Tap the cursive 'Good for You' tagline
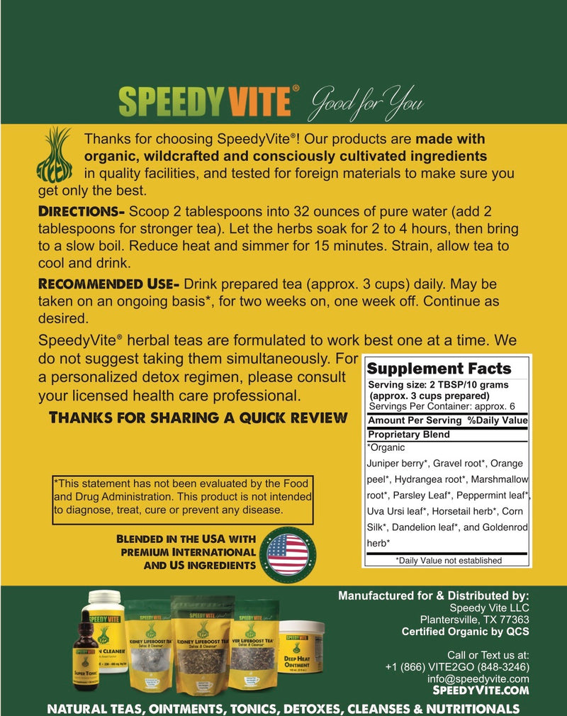coord(367,104)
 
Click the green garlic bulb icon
coord(54,154)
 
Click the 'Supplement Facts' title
coord(438,368)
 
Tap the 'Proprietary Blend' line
coord(408,435)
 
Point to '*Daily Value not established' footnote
coord(448,560)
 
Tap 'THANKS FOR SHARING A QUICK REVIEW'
coord(198,417)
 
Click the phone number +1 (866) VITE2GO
coord(457,667)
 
